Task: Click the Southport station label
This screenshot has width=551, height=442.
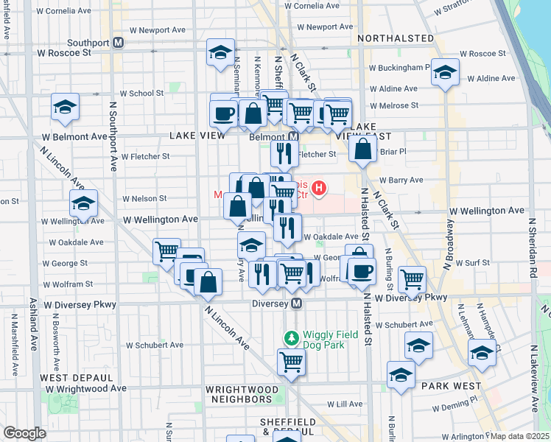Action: click(89, 42)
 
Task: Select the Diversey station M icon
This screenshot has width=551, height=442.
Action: click(297, 304)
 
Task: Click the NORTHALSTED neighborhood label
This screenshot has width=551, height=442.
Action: click(396, 38)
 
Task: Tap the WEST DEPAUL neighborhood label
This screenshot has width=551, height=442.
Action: click(65, 377)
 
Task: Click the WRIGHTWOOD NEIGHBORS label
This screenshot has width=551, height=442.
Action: click(242, 394)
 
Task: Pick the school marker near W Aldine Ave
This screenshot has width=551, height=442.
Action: click(445, 72)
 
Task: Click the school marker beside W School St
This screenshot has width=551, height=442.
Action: click(65, 108)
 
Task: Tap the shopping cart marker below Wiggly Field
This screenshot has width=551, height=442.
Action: click(291, 362)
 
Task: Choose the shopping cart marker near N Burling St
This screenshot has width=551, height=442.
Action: click(412, 278)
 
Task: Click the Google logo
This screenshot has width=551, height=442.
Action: click(24, 433)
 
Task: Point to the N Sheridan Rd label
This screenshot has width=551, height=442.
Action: click(532, 247)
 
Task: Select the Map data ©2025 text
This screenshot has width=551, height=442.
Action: click(520, 436)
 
